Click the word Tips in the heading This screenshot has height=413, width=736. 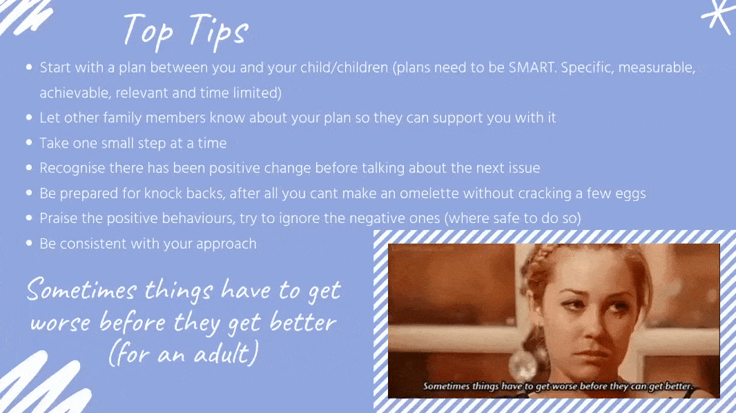[x=219, y=32]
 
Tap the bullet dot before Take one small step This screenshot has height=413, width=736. [x=29, y=142]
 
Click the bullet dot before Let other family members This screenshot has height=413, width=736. [x=29, y=117]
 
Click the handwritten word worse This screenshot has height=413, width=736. [x=61, y=323]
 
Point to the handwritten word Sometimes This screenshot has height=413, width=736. [x=81, y=289]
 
